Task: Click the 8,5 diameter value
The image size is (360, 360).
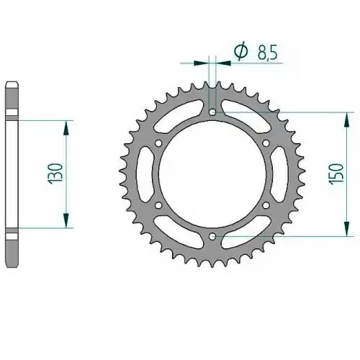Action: [268, 53]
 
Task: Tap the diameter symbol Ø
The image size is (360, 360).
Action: [240, 51]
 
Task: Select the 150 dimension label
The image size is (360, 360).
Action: [336, 174]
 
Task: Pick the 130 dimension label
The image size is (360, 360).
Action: [55, 174]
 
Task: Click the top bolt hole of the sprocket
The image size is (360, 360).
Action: [212, 112]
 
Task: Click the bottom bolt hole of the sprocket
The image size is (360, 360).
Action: [212, 236]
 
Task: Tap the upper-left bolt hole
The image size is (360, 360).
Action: [158, 143]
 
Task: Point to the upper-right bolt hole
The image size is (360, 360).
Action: [266, 143]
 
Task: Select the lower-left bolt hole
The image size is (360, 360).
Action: [158, 205]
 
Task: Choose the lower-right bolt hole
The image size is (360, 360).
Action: [266, 205]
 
